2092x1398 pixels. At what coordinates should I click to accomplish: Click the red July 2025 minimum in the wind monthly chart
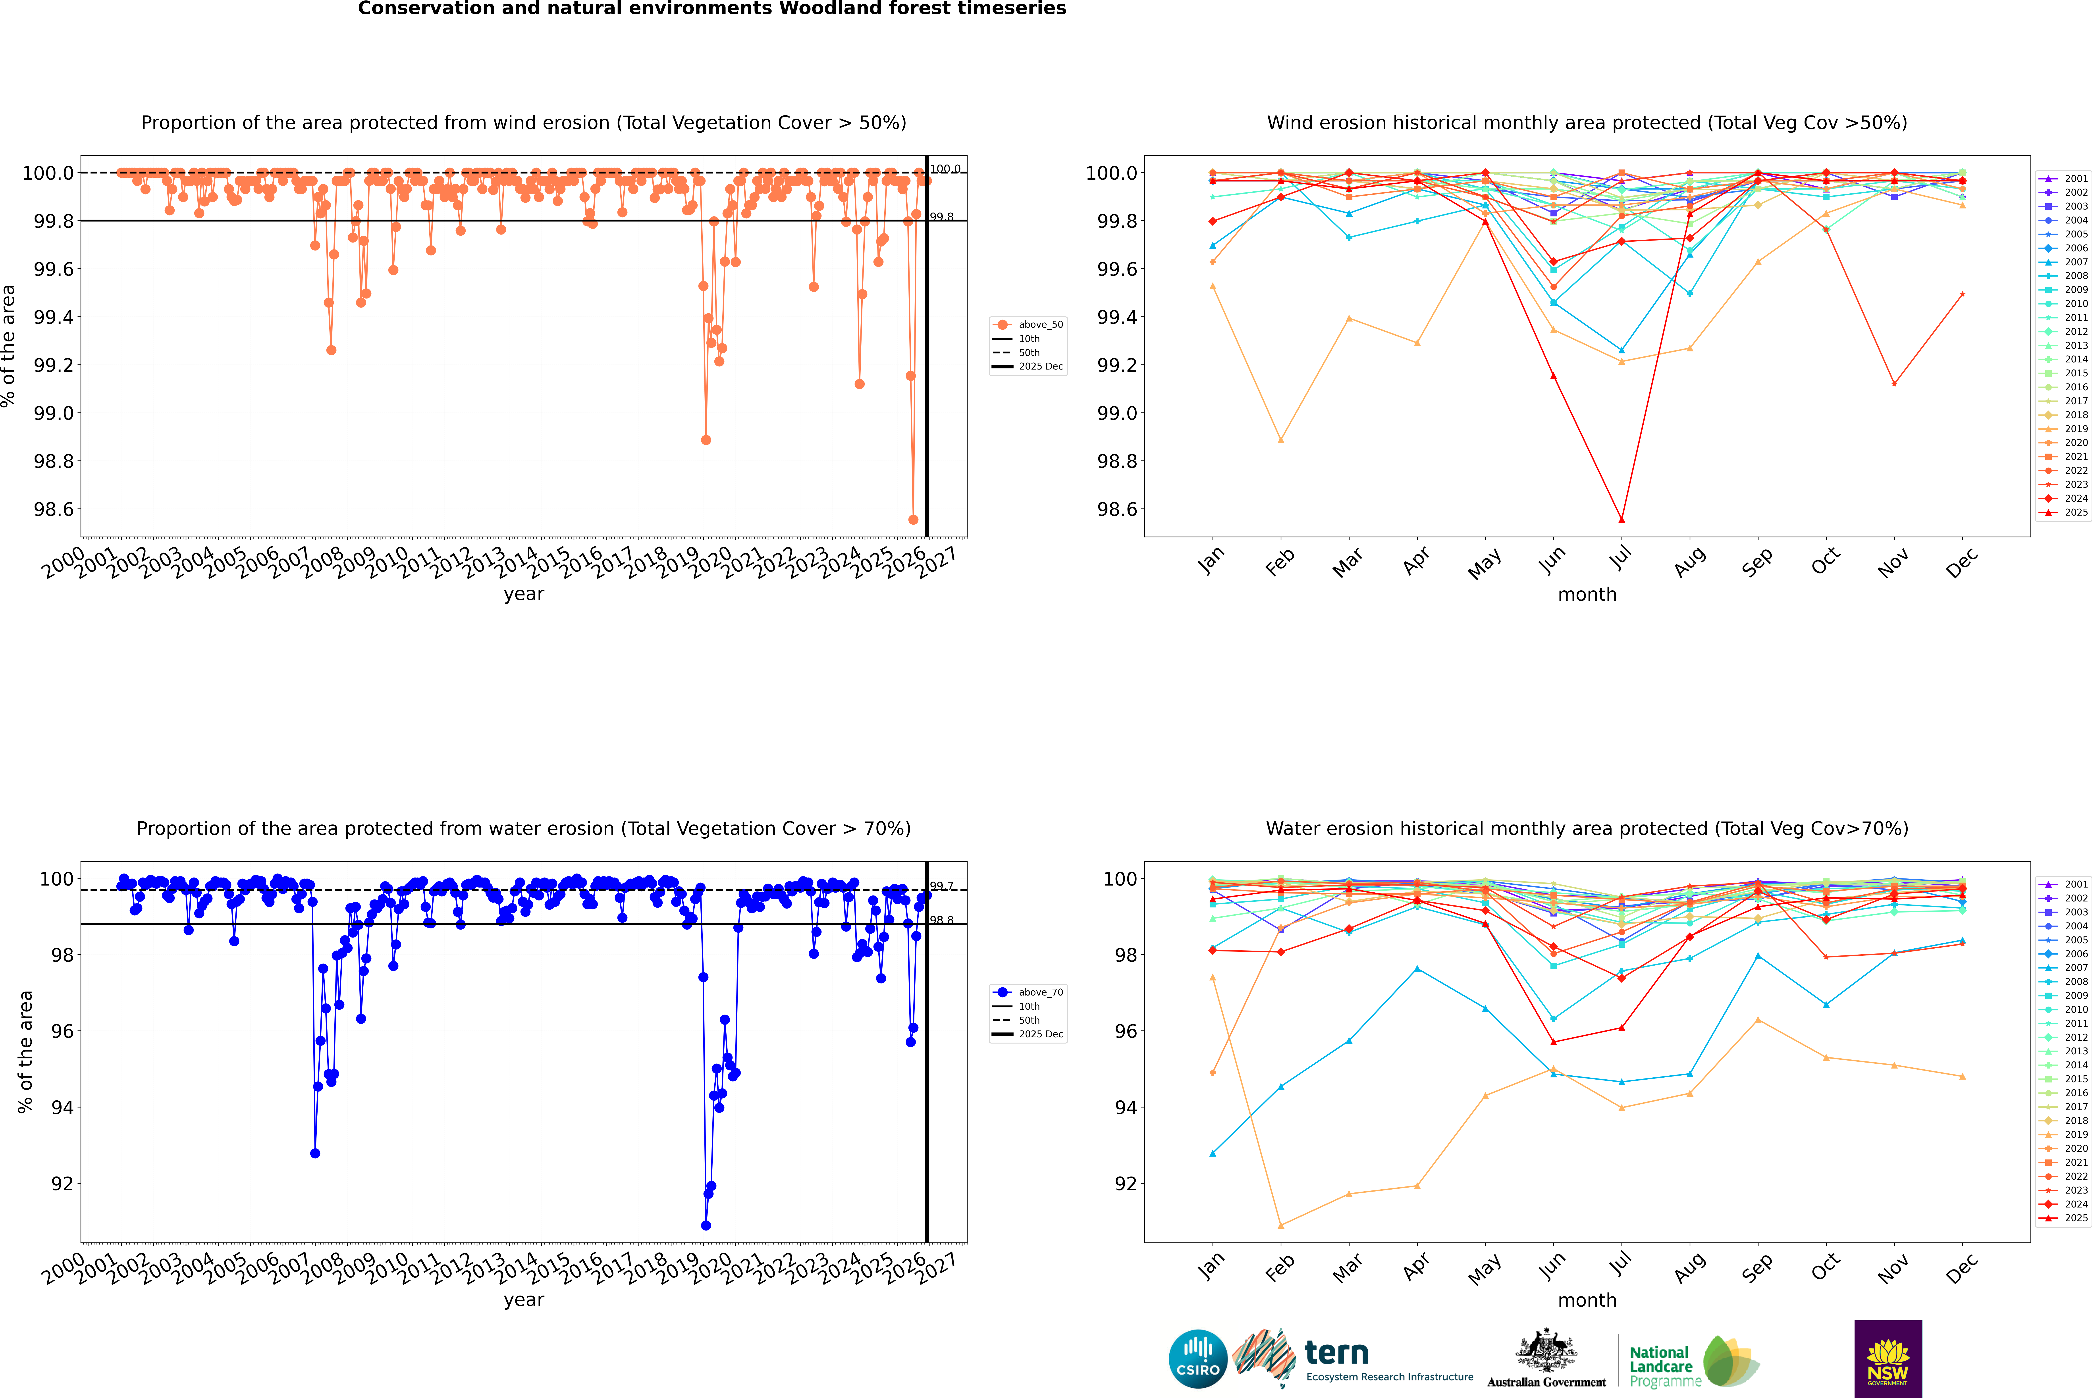1621,520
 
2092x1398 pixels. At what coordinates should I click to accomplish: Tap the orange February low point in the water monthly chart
1280,1226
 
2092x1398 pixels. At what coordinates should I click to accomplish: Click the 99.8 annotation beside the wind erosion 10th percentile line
942,217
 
